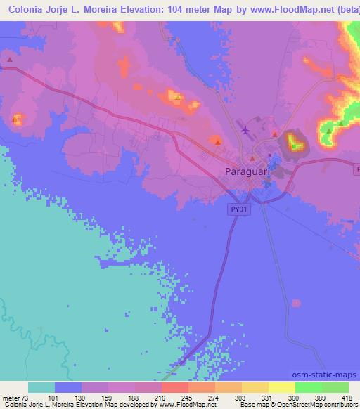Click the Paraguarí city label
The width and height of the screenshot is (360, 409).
pyautogui.click(x=246, y=171)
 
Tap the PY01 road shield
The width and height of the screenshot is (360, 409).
pyautogui.click(x=238, y=209)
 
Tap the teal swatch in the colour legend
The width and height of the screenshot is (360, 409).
pyautogui.click(x=41, y=387)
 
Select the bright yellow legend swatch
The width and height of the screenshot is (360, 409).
pyautogui.click(x=281, y=387)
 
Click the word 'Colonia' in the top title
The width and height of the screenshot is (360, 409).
pyautogui.click(x=23, y=9)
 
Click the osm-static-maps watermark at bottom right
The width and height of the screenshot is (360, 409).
pyautogui.click(x=330, y=375)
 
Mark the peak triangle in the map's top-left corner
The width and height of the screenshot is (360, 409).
pyautogui.click(x=10, y=60)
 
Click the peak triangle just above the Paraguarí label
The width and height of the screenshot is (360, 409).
pyautogui.click(x=252, y=159)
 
